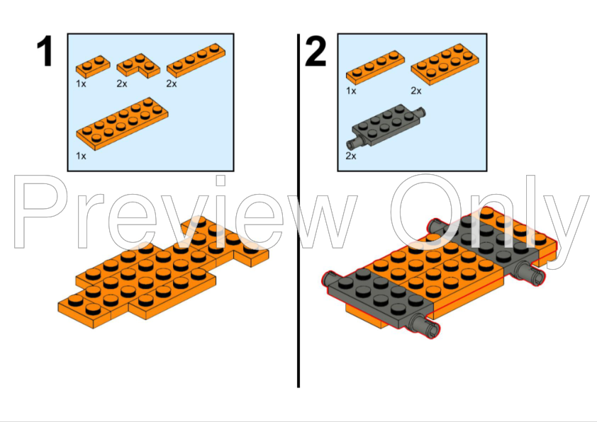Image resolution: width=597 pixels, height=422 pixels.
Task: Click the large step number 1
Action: coord(45,53)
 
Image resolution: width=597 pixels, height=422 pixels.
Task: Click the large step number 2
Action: coord(316,53)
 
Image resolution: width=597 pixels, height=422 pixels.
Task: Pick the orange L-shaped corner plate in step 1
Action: coord(138,66)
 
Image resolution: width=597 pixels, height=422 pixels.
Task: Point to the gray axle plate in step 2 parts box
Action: coord(389,125)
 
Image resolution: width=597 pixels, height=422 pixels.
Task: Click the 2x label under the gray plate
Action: coord(351,156)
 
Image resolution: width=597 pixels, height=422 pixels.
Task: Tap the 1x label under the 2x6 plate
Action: coord(82,156)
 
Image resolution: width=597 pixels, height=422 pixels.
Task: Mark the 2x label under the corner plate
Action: coord(122,84)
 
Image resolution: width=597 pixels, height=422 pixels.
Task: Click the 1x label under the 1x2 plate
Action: coord(82,84)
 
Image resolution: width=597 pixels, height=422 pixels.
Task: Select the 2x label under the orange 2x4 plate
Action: coord(416,91)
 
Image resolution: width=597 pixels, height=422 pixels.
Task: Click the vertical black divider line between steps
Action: coord(298,212)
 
